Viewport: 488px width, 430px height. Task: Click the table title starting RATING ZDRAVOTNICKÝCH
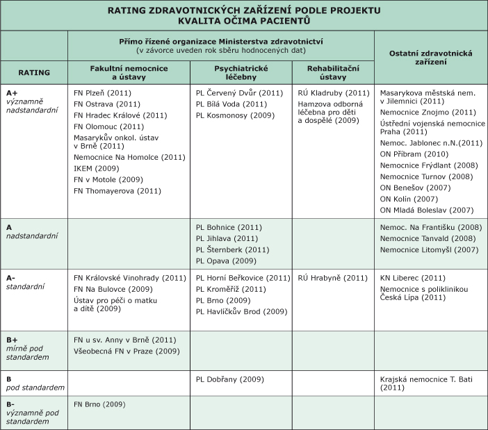(244, 15)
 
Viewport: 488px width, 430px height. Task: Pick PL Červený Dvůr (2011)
(238, 92)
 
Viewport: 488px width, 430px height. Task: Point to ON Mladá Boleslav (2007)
(427, 210)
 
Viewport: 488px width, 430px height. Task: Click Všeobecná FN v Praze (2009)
(126, 352)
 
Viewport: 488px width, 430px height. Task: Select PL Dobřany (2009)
(228, 379)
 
